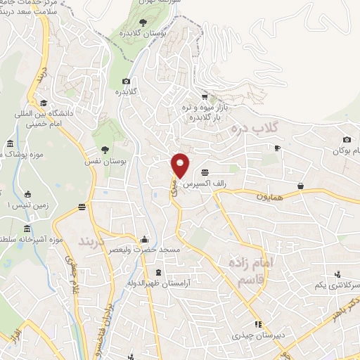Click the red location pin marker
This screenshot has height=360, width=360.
coord(181,165)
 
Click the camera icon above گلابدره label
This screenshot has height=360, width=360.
coord(126,82)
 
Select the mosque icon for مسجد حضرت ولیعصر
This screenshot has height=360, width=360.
coord(145,238)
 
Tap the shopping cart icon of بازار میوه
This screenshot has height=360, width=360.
coord(205,96)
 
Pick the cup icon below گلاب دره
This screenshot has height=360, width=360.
coord(278,148)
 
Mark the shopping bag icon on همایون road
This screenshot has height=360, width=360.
coord(300,186)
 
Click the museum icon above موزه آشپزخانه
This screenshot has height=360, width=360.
coord(27,229)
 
